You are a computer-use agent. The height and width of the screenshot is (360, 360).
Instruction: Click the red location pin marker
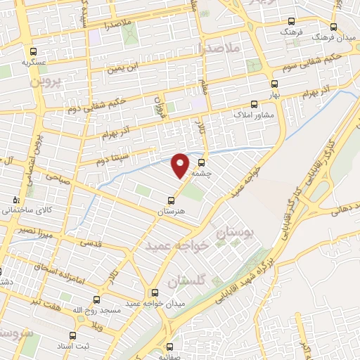pyautogui.click(x=181, y=165)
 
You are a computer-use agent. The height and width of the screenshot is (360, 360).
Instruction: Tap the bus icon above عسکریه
pyautogui.click(x=34, y=51)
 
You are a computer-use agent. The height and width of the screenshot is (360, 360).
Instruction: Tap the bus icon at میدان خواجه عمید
pyautogui.click(x=155, y=292)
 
